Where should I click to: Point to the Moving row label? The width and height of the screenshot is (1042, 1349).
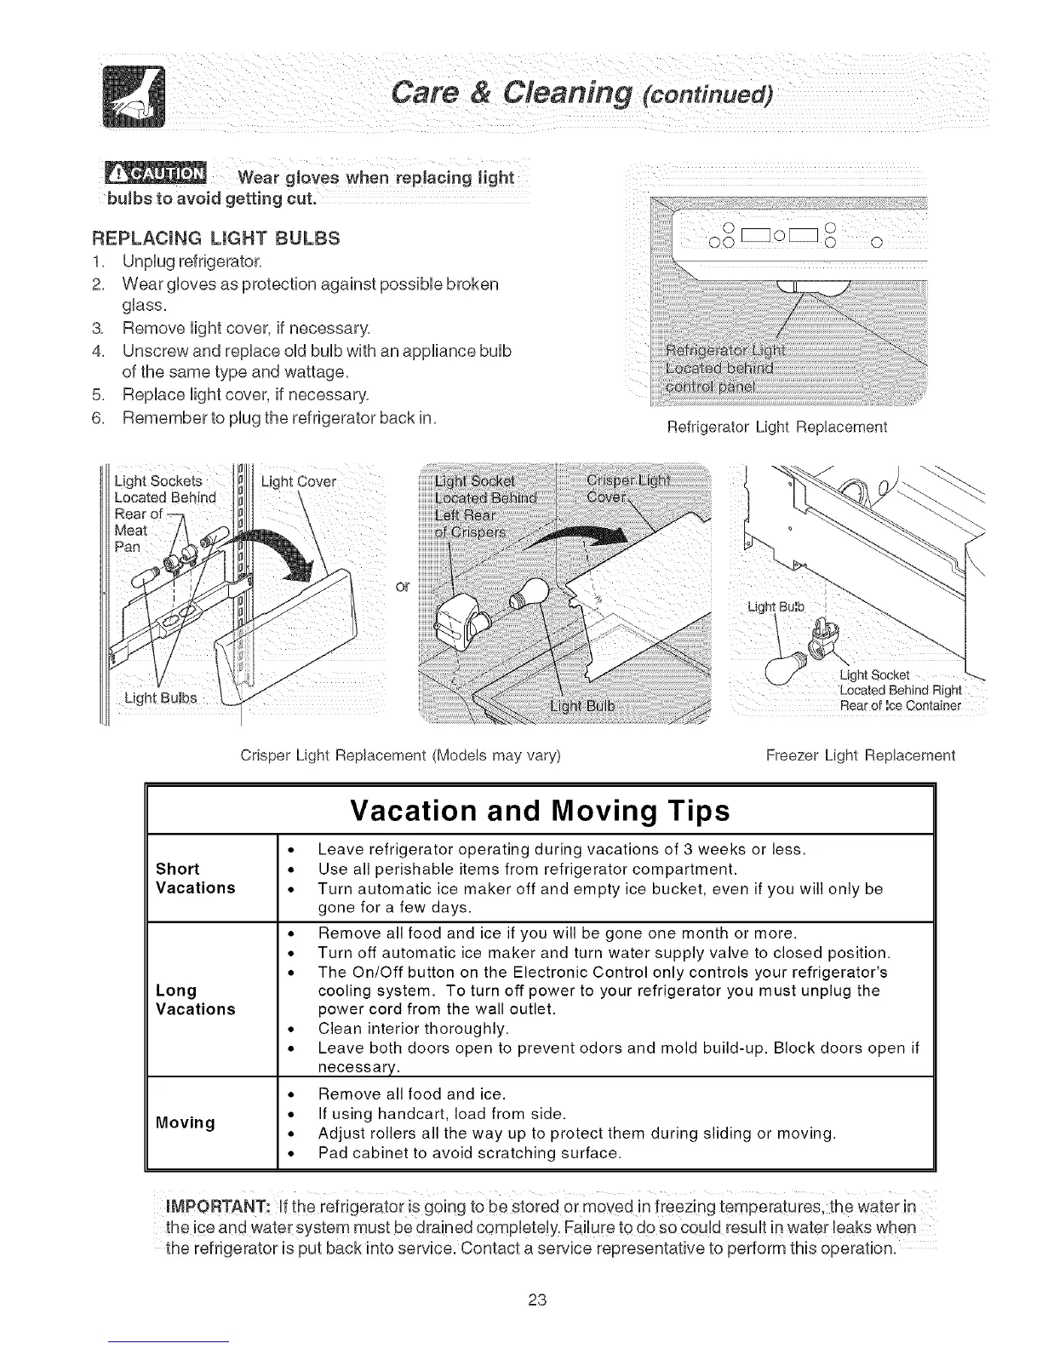pos(185,1122)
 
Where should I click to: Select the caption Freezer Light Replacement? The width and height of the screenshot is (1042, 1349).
pos(861,755)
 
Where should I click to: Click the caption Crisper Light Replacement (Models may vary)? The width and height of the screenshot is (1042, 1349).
pos(400,755)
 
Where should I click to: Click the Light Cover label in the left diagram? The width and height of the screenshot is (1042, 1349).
pos(299,483)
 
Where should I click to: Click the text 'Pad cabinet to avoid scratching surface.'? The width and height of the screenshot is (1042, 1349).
pos(469,1154)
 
